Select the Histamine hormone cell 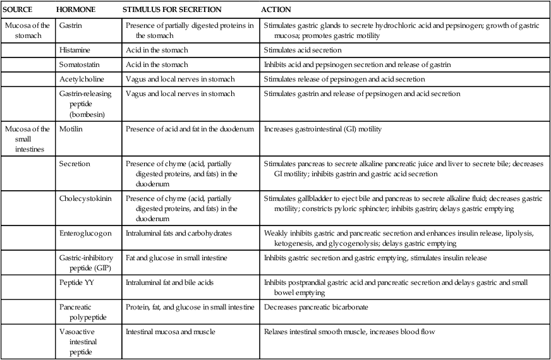click(75, 50)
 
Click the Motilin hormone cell click(70, 129)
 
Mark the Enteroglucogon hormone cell click(85, 233)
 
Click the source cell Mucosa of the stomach click(27, 30)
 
